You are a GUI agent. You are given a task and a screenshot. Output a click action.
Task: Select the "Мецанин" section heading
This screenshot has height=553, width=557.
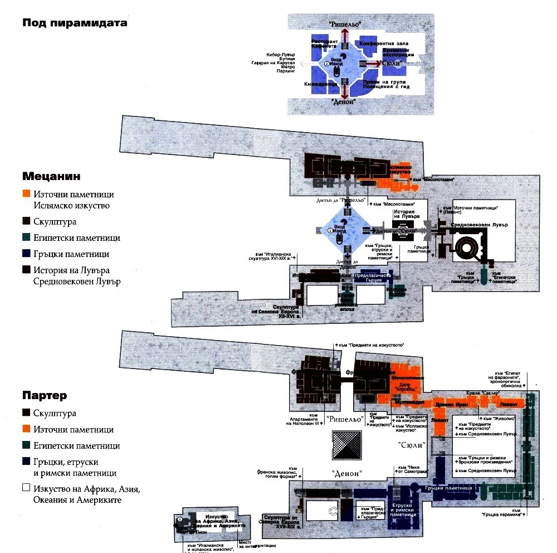pos(51,176)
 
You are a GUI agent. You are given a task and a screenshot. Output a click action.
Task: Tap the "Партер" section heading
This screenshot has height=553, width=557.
pos(45,396)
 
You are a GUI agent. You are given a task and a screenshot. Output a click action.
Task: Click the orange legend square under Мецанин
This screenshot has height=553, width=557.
pos(26,195)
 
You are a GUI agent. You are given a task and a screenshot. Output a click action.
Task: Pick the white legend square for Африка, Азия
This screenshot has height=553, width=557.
pos(26,489)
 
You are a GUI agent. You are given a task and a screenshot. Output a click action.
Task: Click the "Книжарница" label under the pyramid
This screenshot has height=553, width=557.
pos(321,84)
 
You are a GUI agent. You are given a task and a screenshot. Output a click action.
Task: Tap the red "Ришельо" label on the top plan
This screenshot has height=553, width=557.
pos(345,25)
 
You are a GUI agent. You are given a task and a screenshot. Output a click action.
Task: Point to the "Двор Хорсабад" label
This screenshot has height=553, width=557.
pos(406,385)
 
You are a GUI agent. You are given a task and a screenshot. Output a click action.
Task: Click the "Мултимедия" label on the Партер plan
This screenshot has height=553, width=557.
pos(411,402)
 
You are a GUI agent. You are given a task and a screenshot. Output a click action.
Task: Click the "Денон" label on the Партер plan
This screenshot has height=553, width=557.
pos(347,473)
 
